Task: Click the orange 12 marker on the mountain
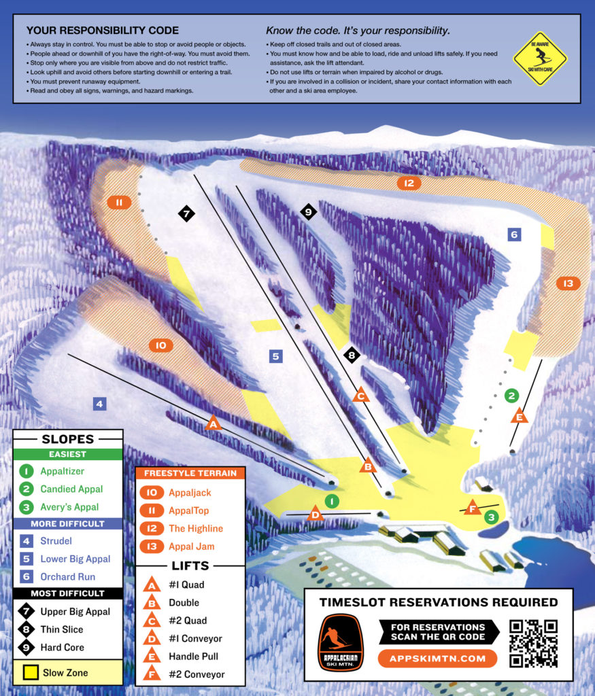(408, 183)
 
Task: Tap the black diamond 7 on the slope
(186, 213)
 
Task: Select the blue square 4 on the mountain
(99, 404)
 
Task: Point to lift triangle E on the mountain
(520, 416)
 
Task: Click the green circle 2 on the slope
(512, 395)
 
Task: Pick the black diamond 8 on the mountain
(351, 354)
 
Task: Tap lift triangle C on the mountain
(361, 394)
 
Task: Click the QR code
(533, 642)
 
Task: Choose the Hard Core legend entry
(62, 647)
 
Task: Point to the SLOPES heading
(67, 439)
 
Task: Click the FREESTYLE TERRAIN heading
(190, 474)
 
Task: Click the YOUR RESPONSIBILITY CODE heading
(102, 31)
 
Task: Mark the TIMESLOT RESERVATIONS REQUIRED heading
(439, 602)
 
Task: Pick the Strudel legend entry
(55, 541)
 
